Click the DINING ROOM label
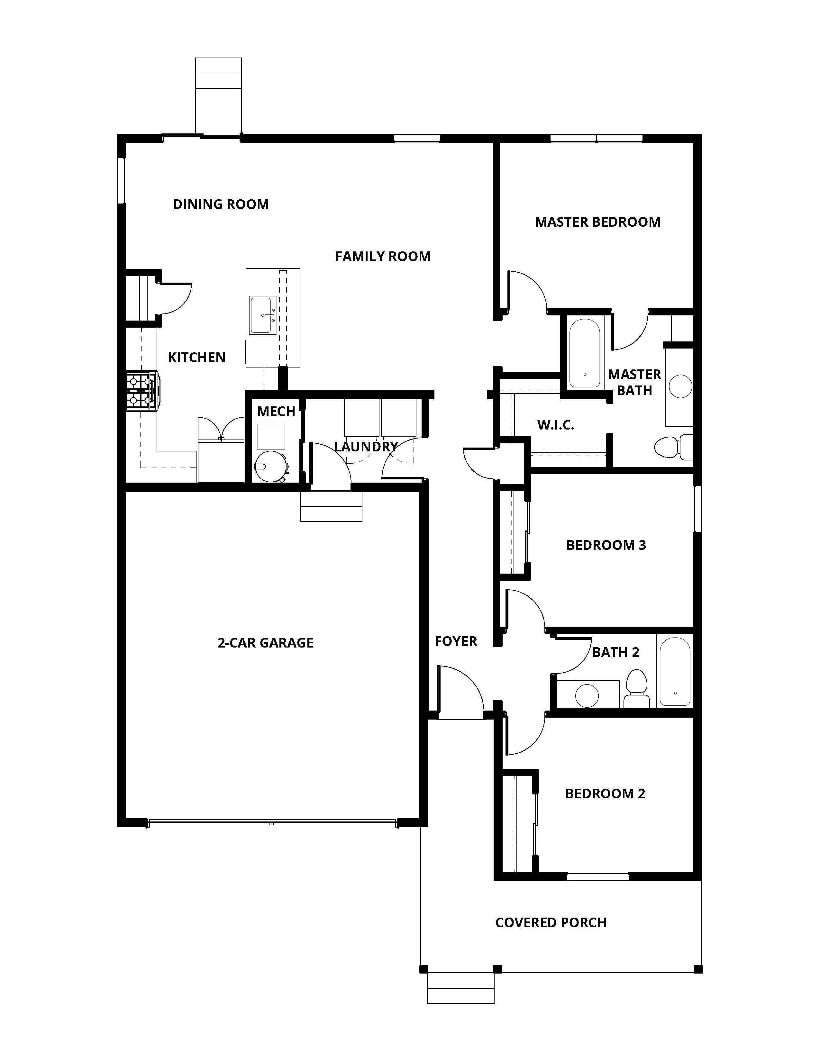coord(221,204)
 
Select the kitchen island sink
coord(262,315)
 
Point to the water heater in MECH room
coord(270,467)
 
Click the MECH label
coord(276,412)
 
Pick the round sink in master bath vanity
coord(680,386)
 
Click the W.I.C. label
coord(555,425)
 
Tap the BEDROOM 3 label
coord(606,545)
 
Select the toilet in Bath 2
coord(636,689)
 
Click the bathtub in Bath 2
coord(675,672)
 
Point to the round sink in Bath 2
coord(587,696)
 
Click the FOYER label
coord(456,641)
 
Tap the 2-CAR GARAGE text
coord(265,643)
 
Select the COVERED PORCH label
coord(551,922)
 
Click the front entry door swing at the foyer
coord(459,692)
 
